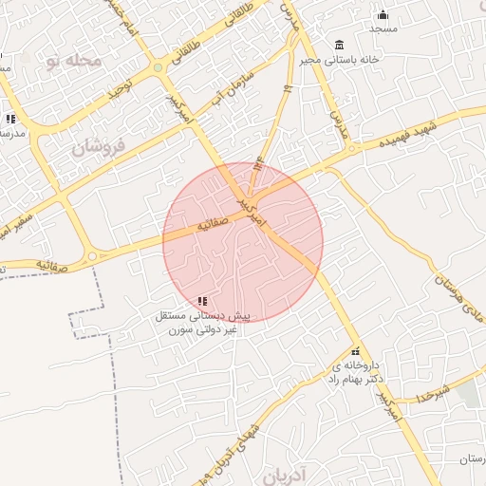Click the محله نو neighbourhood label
[x=73, y=61]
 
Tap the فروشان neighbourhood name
[x=98, y=146]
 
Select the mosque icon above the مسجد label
[x=383, y=14]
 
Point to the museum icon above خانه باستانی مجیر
[x=339, y=46]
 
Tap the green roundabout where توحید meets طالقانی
[x=158, y=67]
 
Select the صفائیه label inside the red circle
[x=213, y=225]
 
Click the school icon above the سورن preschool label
[x=201, y=301]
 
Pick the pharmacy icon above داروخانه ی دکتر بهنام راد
[x=356, y=351]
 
